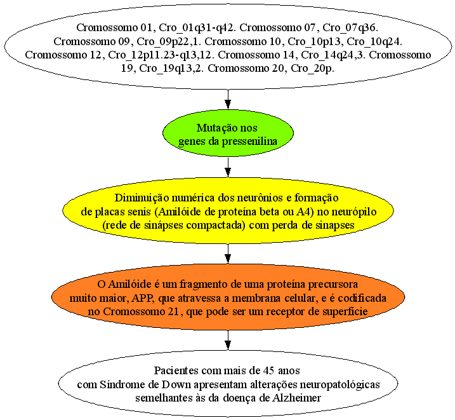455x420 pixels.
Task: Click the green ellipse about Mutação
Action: point(228,132)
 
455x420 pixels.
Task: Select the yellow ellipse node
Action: point(228,210)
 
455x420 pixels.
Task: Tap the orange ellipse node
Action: point(228,297)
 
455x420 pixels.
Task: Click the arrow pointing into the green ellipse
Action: point(228,98)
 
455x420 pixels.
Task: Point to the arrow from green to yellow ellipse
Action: point(228,167)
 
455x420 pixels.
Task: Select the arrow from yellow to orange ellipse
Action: point(228,254)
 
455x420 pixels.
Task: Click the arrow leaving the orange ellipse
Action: point(228,340)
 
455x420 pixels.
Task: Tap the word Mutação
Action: point(214,128)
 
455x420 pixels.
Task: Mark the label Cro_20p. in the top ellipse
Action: point(312,69)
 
